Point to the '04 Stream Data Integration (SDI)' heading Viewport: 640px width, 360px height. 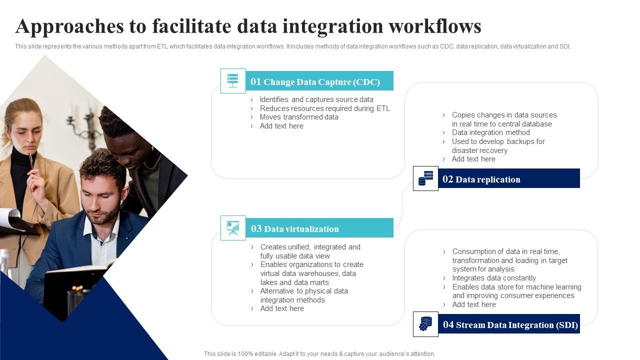(509, 324)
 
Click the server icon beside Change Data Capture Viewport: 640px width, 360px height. (233, 81)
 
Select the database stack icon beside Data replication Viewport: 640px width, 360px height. (425, 178)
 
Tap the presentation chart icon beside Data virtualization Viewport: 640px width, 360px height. (233, 228)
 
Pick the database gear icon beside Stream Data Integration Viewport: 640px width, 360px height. (425, 324)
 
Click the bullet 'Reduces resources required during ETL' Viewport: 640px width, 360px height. (324, 108)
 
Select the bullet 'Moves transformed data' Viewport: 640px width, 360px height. (299, 117)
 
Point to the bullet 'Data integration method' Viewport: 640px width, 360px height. (490, 132)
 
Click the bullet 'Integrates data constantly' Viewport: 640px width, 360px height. (494, 278)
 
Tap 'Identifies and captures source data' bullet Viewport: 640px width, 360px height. (316, 99)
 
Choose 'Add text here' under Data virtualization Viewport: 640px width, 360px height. (282, 308)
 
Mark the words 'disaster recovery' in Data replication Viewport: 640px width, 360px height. (479, 150)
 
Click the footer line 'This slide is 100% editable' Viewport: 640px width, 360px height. (319, 353)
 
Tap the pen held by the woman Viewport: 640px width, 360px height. (31, 161)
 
